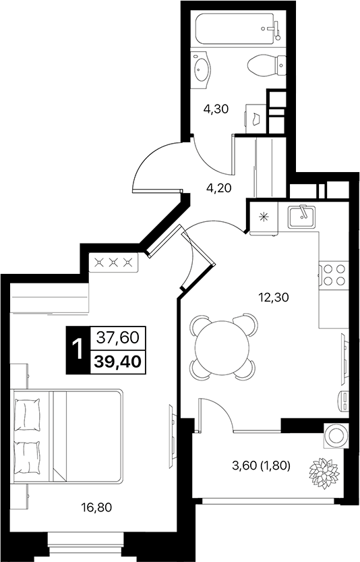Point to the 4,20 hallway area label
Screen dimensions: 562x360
point(219,188)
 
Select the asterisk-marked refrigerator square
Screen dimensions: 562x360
point(263,217)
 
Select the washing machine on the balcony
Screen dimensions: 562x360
point(335,435)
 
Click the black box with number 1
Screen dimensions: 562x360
point(78,349)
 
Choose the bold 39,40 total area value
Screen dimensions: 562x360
point(118,362)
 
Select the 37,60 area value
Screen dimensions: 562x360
point(118,336)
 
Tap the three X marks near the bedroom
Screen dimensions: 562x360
point(113,262)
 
